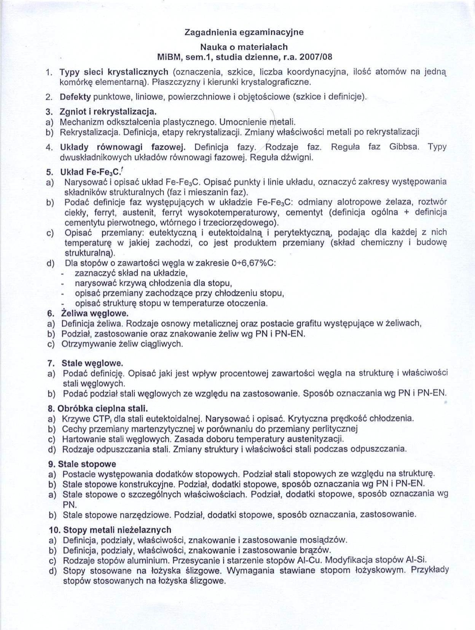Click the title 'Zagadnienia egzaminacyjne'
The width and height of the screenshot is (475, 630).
pos(244,32)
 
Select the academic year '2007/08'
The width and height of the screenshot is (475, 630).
pos(316,57)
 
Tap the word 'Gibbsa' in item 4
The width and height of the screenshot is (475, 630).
pos(404,147)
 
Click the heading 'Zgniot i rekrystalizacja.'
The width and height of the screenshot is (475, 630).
pos(108,112)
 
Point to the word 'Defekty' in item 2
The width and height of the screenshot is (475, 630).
pos(75,97)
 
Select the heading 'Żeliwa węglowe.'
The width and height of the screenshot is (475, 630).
pos(95,313)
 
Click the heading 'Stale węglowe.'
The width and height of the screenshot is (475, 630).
pos(92,363)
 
